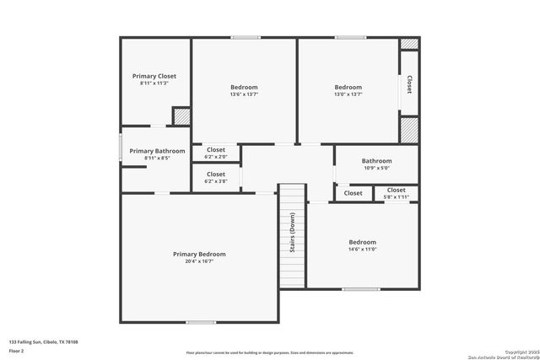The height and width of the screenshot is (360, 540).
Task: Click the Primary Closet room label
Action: [x=154, y=76]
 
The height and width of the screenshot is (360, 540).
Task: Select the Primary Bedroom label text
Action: [x=199, y=254]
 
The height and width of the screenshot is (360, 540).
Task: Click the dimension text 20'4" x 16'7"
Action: [x=199, y=261]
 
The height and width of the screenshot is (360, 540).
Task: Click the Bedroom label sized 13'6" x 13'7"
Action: [x=244, y=87]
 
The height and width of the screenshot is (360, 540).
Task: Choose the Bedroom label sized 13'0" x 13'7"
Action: [x=348, y=87]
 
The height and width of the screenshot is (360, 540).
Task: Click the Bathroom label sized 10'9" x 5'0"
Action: [x=376, y=161]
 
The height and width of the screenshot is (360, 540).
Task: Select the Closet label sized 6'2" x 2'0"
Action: [x=216, y=150]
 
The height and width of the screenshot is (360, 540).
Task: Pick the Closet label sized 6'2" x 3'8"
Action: [x=216, y=175]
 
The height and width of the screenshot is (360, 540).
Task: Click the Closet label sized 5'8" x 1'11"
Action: [x=396, y=191]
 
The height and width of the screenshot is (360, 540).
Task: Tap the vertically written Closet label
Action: [x=409, y=84]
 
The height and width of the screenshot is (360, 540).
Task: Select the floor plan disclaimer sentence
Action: [x=270, y=352]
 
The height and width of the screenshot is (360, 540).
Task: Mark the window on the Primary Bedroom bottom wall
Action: [x=201, y=321]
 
